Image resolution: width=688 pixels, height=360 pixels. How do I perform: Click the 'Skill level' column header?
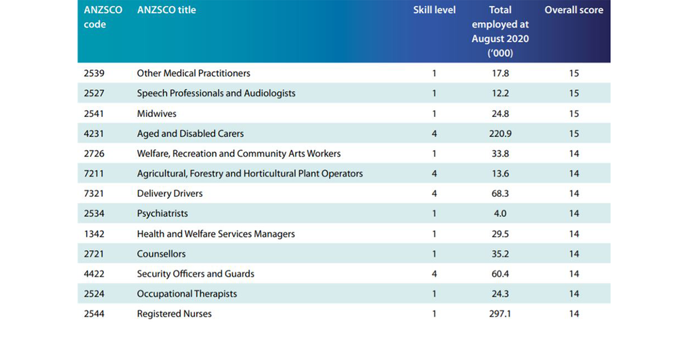point(434,10)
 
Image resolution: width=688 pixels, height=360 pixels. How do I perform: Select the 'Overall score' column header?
point(574,10)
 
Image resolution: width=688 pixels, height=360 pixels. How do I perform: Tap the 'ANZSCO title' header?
point(166,10)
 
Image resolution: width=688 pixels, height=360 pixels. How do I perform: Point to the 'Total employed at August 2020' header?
point(500,32)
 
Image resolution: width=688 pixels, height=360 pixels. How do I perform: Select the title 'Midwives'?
point(156,114)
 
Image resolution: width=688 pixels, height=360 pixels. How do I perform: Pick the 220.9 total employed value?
point(500,134)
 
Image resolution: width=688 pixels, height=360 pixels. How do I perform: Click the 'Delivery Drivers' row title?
point(170,193)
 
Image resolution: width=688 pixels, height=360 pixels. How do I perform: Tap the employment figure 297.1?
point(500,314)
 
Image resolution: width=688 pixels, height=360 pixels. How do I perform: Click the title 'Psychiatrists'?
point(162,213)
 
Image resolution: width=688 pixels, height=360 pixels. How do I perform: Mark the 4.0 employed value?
point(500,213)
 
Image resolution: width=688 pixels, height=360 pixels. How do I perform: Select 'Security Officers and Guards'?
point(195,274)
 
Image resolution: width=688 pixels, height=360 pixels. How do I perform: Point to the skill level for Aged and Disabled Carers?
point(434,134)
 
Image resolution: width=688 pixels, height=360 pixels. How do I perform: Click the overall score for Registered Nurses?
point(574,314)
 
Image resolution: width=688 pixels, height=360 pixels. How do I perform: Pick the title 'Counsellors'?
point(161,254)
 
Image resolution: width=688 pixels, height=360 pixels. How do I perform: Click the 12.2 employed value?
point(500,93)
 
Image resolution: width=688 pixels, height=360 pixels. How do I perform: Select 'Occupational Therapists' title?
point(186,294)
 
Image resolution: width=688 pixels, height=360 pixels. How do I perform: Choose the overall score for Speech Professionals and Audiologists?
point(574,93)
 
